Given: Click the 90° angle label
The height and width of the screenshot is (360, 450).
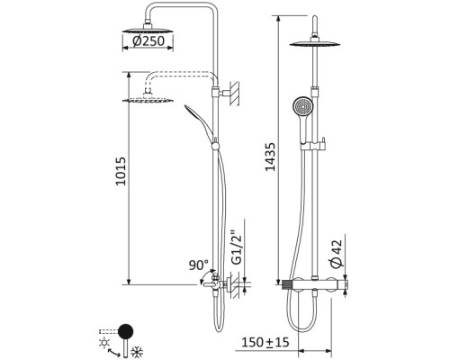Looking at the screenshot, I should [198, 266].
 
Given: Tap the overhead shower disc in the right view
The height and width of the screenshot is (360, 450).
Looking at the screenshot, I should [319, 47].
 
